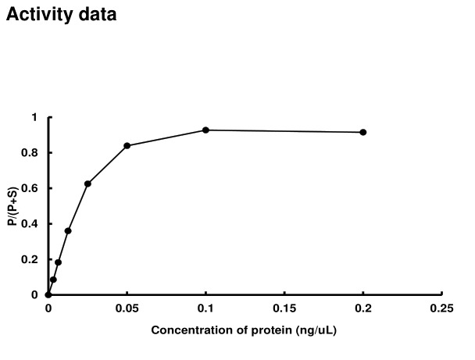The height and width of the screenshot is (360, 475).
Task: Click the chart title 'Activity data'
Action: [x=62, y=14]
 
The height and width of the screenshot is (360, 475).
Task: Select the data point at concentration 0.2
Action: [x=363, y=132]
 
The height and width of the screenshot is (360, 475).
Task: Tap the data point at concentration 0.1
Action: [x=205, y=130]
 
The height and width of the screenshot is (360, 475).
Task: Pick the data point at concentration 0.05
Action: [x=127, y=145]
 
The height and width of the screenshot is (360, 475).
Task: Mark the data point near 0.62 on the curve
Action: [x=87, y=184]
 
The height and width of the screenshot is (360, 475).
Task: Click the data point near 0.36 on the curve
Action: [x=68, y=230]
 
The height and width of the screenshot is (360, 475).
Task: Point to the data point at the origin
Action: [x=48, y=294]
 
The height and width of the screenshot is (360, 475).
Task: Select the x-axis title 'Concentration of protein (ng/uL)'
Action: [x=245, y=330]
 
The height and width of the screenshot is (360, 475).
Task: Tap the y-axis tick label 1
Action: [x=34, y=117]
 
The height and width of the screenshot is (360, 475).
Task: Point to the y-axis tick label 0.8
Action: [x=30, y=153]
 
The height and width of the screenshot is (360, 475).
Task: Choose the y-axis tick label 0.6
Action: [x=30, y=188]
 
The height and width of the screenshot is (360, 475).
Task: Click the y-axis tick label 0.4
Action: [x=30, y=224]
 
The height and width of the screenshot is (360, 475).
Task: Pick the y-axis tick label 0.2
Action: [x=30, y=259]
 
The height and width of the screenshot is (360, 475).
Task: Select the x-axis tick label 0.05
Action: [x=127, y=308]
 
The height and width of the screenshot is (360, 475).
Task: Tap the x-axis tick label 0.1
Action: [x=205, y=308]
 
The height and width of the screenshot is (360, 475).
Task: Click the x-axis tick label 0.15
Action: [x=284, y=308]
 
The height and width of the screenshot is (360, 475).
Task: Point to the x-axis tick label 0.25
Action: [x=441, y=308]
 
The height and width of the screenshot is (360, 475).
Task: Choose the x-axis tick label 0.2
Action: [x=363, y=308]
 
